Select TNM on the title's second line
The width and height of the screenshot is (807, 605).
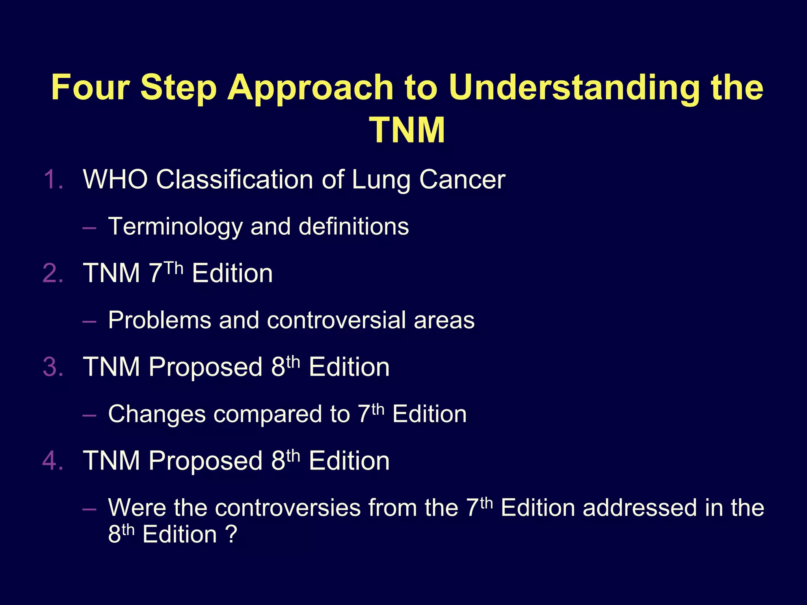coord(407,130)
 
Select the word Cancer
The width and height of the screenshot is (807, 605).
coord(462,180)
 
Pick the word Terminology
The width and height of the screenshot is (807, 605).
coord(175,227)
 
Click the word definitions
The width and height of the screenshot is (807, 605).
coord(353,227)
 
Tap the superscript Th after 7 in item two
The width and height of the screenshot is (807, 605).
coord(174,268)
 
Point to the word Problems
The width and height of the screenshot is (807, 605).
coord(160,320)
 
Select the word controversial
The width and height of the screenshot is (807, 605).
coord(336,320)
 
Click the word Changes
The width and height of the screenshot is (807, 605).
coord(157,414)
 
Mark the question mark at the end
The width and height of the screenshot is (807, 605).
coord(231,535)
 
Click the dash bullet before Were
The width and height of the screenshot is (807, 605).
coord(89,509)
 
